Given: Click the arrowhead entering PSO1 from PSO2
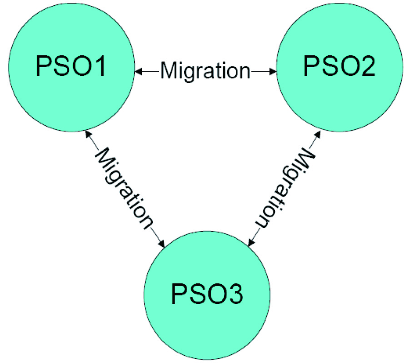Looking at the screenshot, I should [139, 71].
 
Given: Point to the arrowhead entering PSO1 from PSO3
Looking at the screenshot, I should [89, 134].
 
